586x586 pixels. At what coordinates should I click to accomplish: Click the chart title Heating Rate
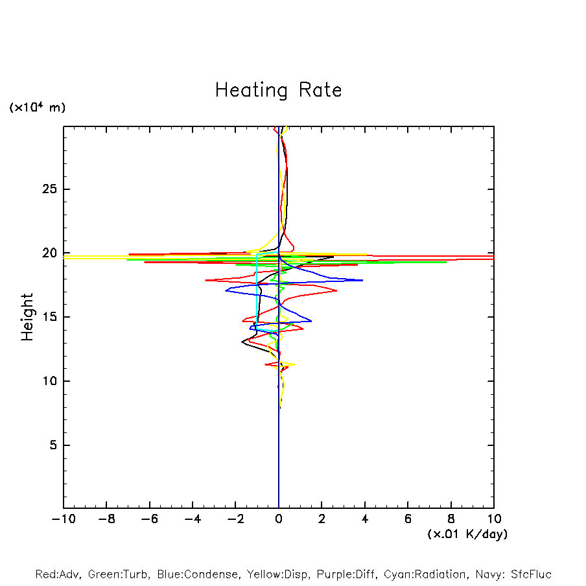point(278,90)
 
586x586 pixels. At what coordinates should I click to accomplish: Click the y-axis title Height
point(27,317)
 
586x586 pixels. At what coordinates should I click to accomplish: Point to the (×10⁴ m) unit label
point(37,108)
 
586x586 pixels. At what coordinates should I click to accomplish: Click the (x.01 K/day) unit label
point(467,534)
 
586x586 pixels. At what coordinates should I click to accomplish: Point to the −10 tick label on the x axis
point(64,519)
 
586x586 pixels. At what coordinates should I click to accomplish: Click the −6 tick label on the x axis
point(149,519)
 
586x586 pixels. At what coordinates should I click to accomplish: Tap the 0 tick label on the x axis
point(279,519)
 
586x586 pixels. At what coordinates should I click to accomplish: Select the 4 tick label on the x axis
point(365,519)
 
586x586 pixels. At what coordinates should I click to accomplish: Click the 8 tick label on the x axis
point(451,519)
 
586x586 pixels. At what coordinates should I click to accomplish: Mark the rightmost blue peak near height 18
point(362,280)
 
